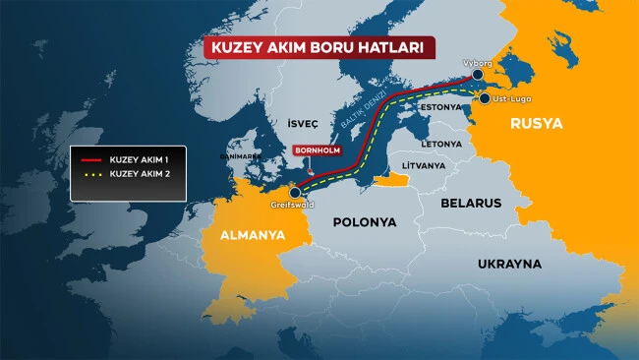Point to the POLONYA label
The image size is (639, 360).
364,222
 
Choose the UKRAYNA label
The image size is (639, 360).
509,264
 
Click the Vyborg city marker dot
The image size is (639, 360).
477,75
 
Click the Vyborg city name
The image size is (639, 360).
478,61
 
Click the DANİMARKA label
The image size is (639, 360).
241,155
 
